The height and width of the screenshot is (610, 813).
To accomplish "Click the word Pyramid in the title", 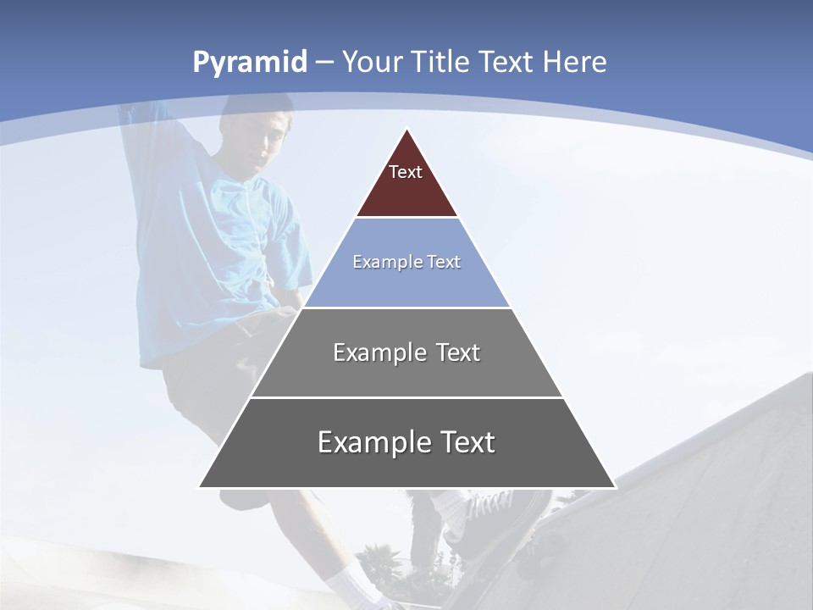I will [x=249, y=63].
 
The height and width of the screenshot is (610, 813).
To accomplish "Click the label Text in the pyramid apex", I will [x=405, y=172].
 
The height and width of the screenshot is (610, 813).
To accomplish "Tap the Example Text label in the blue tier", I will [x=406, y=262].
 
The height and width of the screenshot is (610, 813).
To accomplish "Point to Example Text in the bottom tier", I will [x=406, y=442].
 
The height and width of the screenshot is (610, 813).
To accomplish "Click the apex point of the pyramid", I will [x=406, y=130].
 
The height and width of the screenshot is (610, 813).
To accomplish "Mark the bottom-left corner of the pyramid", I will [x=200, y=486].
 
